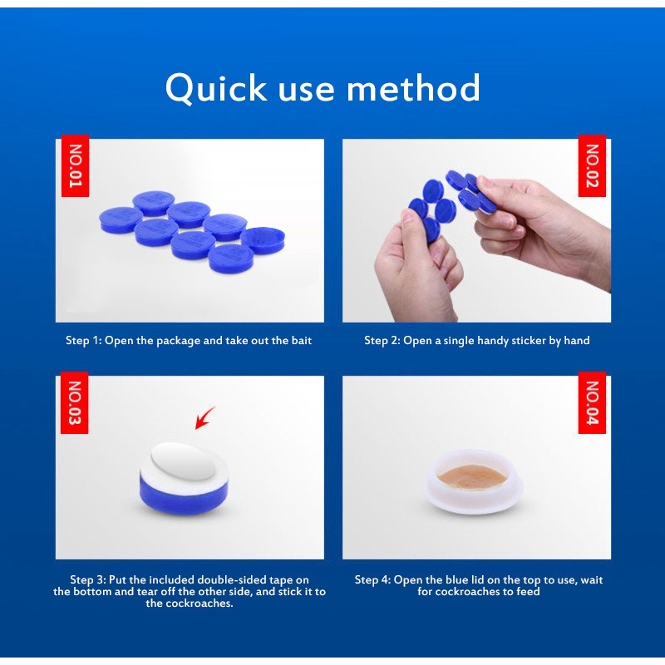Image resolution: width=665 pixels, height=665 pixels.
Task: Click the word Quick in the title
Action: click(216, 88)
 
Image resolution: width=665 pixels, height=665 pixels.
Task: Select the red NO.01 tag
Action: click(75, 165)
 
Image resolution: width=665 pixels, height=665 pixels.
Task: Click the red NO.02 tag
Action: click(592, 165)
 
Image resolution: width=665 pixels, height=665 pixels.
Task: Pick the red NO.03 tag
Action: click(75, 402)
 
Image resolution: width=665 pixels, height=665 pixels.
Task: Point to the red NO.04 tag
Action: click(592, 402)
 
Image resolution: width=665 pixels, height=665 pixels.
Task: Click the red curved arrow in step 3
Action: click(204, 419)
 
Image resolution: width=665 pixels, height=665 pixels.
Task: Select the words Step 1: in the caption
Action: click(84, 341)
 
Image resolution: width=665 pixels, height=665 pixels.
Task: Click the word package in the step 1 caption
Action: click(178, 341)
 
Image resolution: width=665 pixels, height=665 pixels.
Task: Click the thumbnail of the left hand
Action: click(407, 219)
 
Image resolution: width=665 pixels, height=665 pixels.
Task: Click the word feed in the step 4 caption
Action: click(528, 592)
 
